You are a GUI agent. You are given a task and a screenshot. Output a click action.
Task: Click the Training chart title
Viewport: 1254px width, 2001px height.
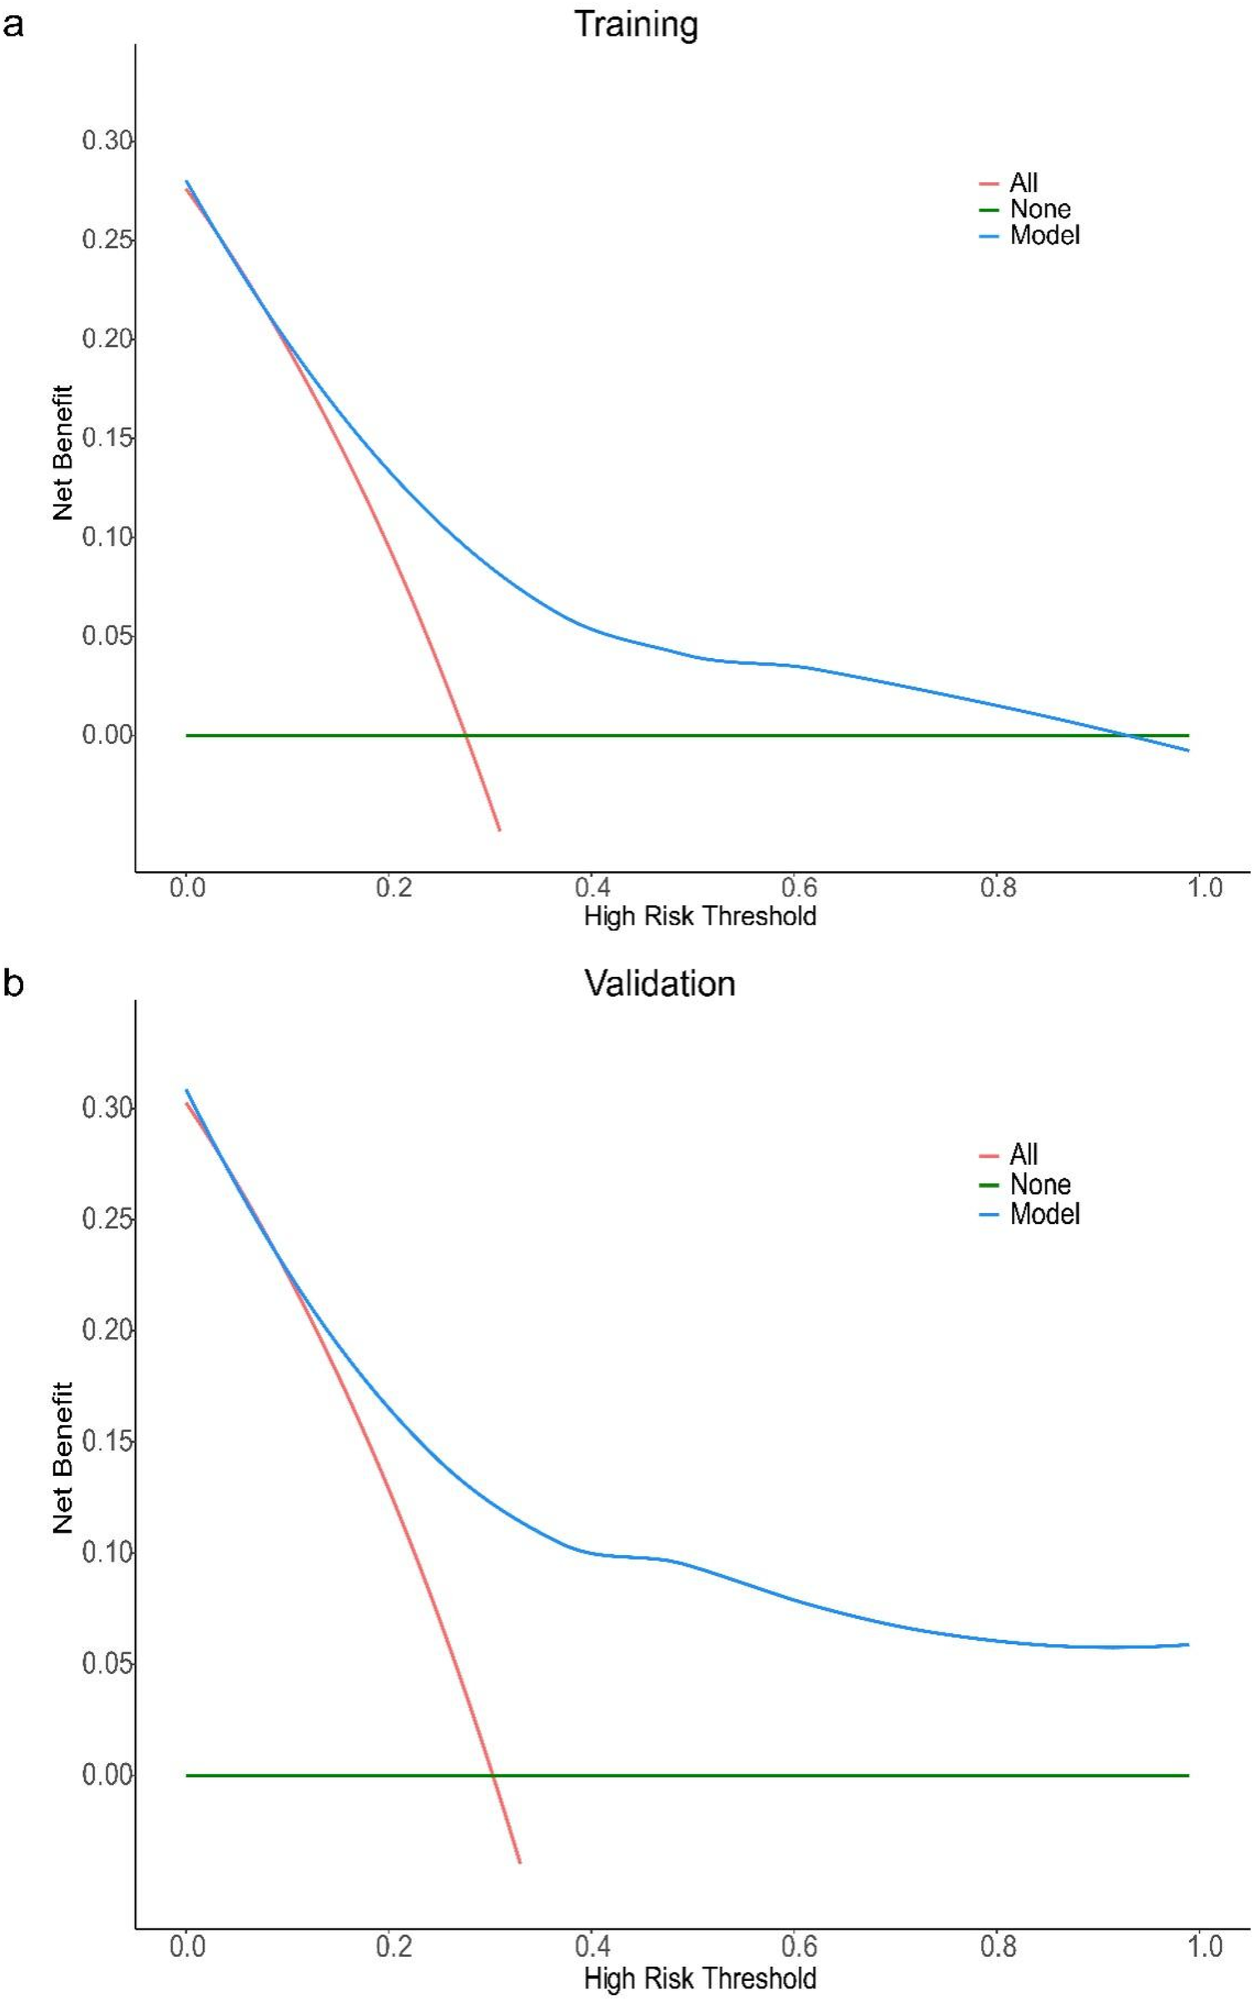(636, 24)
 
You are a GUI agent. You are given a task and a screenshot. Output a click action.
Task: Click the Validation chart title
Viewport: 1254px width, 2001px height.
(659, 983)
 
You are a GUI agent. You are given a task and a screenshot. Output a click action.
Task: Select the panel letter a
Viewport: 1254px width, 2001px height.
(13, 25)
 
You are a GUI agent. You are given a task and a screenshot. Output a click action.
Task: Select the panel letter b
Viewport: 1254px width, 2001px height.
(13, 983)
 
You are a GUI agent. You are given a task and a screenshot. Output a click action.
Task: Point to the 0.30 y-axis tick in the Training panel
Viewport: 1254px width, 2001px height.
(107, 141)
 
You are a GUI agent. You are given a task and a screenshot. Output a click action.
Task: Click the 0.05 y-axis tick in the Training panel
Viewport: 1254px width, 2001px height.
(107, 636)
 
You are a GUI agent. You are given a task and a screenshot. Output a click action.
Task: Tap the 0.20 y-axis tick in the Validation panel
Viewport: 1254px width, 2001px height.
(107, 1330)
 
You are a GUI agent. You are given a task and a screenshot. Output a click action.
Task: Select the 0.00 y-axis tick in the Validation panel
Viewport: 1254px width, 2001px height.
(107, 1775)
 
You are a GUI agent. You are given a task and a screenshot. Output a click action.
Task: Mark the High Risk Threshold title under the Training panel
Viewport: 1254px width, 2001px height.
(699, 916)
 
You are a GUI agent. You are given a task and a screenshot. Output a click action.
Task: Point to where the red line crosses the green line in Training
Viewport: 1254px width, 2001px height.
(466, 736)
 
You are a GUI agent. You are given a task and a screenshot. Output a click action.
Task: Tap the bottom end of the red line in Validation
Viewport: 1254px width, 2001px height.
(520, 1862)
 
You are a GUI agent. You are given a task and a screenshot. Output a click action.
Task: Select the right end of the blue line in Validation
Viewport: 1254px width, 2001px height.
(1188, 1645)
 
